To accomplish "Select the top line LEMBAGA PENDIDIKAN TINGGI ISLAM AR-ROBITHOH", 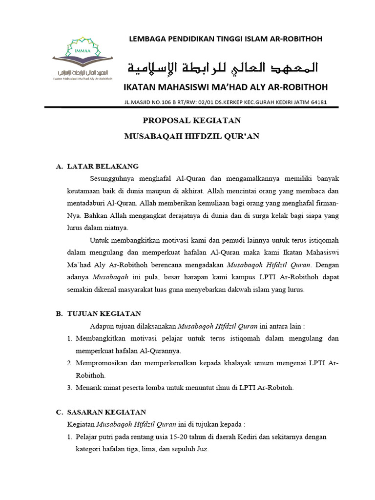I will (x=225, y=39).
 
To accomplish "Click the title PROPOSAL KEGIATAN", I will (x=191, y=121).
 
